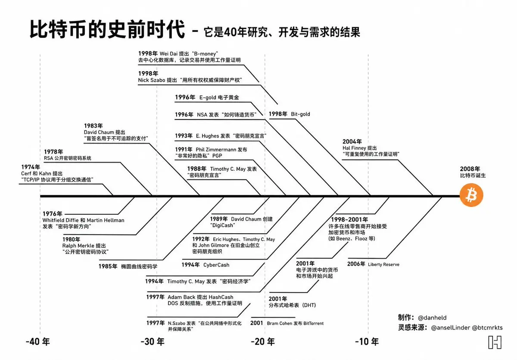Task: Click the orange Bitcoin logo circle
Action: [x=471, y=195]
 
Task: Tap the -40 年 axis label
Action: [x=38, y=342]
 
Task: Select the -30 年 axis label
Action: [x=153, y=342]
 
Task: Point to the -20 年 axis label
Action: [x=263, y=342]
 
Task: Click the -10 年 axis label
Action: [x=367, y=342]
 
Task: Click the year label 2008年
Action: [x=470, y=169]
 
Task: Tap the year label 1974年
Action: [x=31, y=167]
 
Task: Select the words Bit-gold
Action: [x=300, y=114]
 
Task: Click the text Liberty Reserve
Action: [x=383, y=264]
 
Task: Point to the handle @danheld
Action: [x=432, y=318]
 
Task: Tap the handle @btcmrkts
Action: [x=487, y=328]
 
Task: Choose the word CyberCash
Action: [x=216, y=265]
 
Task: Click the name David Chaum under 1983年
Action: [x=99, y=132]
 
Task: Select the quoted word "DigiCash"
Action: [x=222, y=225]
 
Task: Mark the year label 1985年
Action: [x=108, y=266]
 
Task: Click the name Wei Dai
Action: [x=168, y=54]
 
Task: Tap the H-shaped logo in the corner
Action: [x=495, y=342]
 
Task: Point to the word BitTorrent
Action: [x=314, y=323]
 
